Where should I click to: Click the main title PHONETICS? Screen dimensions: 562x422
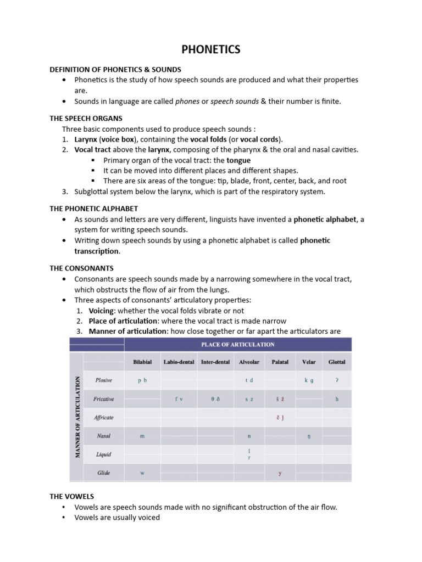pyautogui.click(x=211, y=49)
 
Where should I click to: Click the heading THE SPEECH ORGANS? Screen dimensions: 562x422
pyautogui.click(x=86, y=119)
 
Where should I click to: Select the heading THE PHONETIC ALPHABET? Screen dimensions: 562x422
pyautogui.click(x=93, y=209)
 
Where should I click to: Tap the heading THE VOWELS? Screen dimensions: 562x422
pyautogui.click(x=71, y=496)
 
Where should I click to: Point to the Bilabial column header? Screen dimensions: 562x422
pyautogui.click(x=142, y=362)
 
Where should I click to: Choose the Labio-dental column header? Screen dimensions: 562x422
pyautogui.click(x=179, y=362)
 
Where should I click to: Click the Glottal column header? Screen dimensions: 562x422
pyautogui.click(x=337, y=362)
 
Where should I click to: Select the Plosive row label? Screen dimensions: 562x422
pyautogui.click(x=103, y=380)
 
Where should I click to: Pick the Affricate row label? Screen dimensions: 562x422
pyautogui.click(x=103, y=418)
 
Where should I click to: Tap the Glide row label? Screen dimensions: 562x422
pyautogui.click(x=103, y=473)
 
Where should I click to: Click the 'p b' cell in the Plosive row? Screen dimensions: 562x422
pyautogui.click(x=142, y=380)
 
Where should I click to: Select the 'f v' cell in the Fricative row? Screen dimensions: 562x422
pyautogui.click(x=179, y=399)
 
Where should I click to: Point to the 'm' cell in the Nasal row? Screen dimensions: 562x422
pyautogui.click(x=142, y=436)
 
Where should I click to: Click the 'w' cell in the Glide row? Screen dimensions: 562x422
pyautogui.click(x=142, y=473)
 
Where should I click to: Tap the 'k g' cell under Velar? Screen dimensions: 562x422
pyautogui.click(x=309, y=380)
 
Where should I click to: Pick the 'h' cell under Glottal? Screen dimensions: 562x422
pyautogui.click(x=337, y=399)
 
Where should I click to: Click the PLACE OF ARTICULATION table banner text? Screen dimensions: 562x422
pyautogui.click(x=237, y=345)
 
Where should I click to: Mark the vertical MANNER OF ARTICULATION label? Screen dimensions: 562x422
pyautogui.click(x=76, y=417)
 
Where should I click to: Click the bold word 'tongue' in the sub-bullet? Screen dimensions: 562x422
pyautogui.click(x=238, y=160)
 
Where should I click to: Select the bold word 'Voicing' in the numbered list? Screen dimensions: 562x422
pyautogui.click(x=102, y=311)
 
